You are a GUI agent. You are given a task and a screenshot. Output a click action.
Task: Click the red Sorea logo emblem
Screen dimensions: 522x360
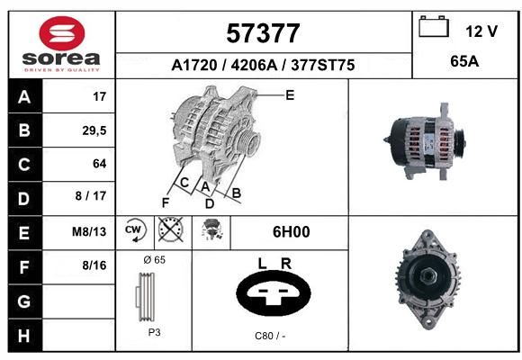[x=62, y=33]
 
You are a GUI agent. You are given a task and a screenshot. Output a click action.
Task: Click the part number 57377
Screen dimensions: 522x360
[x=263, y=33]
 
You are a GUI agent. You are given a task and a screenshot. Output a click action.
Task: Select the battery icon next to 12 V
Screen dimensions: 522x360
[x=434, y=26]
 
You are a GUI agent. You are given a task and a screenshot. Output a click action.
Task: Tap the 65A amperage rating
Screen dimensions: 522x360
[x=464, y=61]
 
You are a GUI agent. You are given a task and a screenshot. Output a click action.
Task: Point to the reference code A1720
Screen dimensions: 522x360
[x=194, y=65]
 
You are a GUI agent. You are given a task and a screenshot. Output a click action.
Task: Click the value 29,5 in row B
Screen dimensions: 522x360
[x=94, y=130]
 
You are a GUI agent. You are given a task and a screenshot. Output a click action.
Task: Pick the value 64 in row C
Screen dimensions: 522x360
[x=100, y=164]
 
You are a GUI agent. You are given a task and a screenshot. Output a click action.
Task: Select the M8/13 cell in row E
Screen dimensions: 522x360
[x=89, y=231]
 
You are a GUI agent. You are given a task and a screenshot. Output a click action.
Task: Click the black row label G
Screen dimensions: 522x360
[x=24, y=301]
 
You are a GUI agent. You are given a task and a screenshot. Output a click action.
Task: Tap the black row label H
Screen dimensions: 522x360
[x=24, y=336]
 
